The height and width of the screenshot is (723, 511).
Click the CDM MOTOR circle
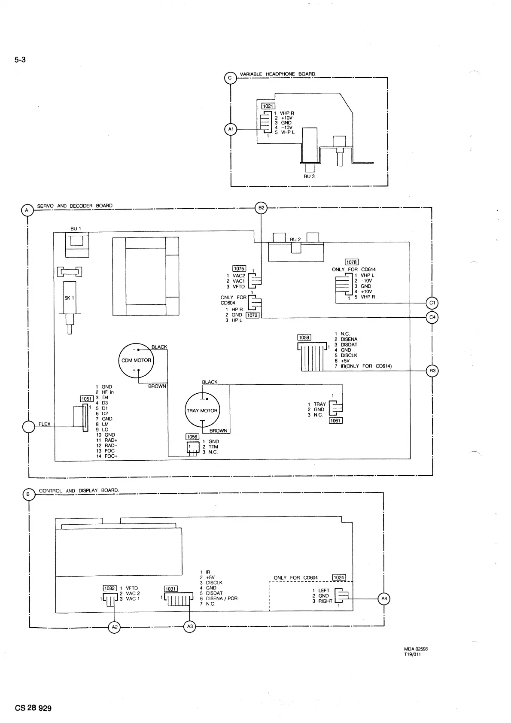[136, 361]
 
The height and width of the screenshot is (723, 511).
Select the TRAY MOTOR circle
[202, 410]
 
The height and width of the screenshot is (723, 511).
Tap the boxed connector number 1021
[268, 106]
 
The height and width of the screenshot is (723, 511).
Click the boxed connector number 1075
[239, 269]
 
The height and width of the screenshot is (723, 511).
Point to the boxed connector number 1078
[351, 262]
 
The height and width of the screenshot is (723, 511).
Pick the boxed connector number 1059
[304, 337]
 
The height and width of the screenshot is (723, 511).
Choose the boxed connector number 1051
[87, 399]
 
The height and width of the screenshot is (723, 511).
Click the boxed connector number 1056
[192, 437]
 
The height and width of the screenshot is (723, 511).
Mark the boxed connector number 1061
[335, 421]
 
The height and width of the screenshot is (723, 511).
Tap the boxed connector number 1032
[109, 588]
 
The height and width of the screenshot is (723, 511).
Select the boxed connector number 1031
[171, 589]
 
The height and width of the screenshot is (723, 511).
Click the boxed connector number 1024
[339, 578]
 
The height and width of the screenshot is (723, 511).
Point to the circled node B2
[261, 208]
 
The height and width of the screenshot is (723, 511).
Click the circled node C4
[432, 318]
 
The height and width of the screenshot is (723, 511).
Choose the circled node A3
[190, 627]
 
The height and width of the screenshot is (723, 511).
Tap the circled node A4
[384, 598]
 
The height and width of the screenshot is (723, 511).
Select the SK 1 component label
[70, 298]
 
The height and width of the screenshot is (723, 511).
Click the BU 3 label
[309, 176]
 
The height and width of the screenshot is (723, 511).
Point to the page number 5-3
[20, 60]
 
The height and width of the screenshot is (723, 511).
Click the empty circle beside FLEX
[28, 427]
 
